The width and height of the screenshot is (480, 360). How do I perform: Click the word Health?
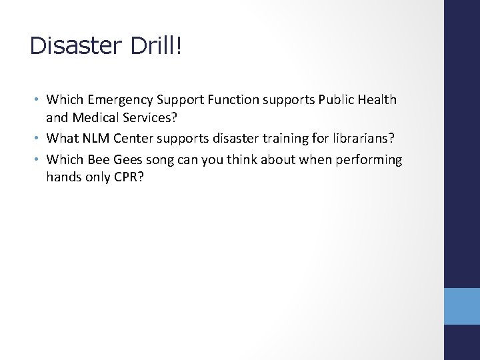377,100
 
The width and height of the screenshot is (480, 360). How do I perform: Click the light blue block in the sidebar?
461,306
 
